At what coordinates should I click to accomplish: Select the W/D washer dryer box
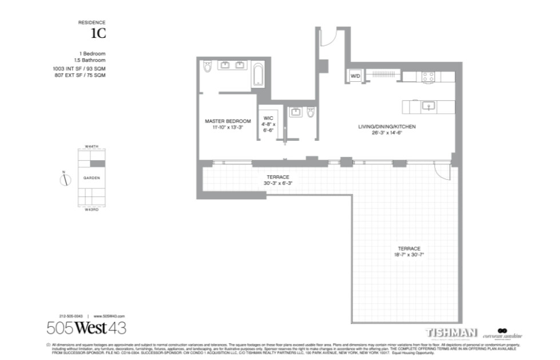click(355, 76)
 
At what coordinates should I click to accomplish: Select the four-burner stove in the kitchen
click(429, 76)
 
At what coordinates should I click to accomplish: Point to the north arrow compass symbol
click(65, 180)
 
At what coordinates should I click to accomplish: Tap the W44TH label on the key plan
click(92, 147)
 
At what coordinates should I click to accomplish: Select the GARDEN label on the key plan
click(92, 178)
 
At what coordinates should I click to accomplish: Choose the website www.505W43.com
click(109, 316)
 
